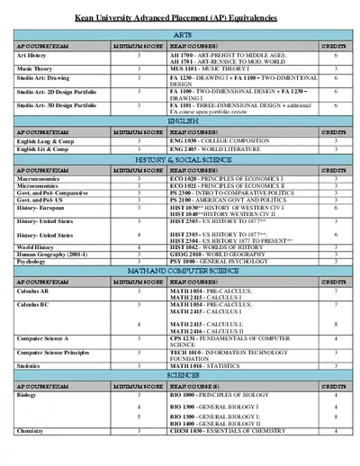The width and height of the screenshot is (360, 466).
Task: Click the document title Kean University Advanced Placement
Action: click(180, 18)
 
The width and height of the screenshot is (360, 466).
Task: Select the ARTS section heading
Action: click(181, 33)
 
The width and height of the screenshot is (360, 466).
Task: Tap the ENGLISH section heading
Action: click(181, 120)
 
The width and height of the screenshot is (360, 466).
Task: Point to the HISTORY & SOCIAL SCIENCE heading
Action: click(181, 159)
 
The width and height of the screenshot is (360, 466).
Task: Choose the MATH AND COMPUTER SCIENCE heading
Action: click(181, 269)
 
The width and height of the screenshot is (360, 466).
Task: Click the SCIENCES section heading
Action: click(181, 374)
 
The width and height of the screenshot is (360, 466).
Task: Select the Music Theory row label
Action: click(37, 68)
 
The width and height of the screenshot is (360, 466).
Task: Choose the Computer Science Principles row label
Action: click(57, 353)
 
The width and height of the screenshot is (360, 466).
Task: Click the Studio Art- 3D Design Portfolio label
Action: click(56, 104)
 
